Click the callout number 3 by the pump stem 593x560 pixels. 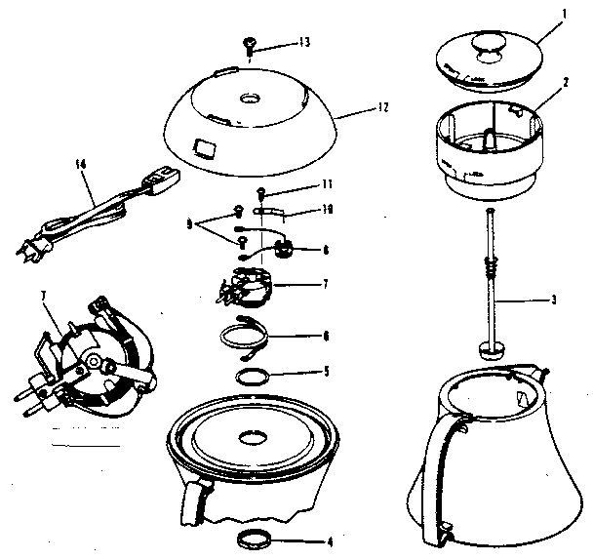click(553, 299)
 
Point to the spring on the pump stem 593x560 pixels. click(494, 265)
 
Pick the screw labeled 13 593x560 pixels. click(250, 43)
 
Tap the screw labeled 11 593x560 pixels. click(262, 190)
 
